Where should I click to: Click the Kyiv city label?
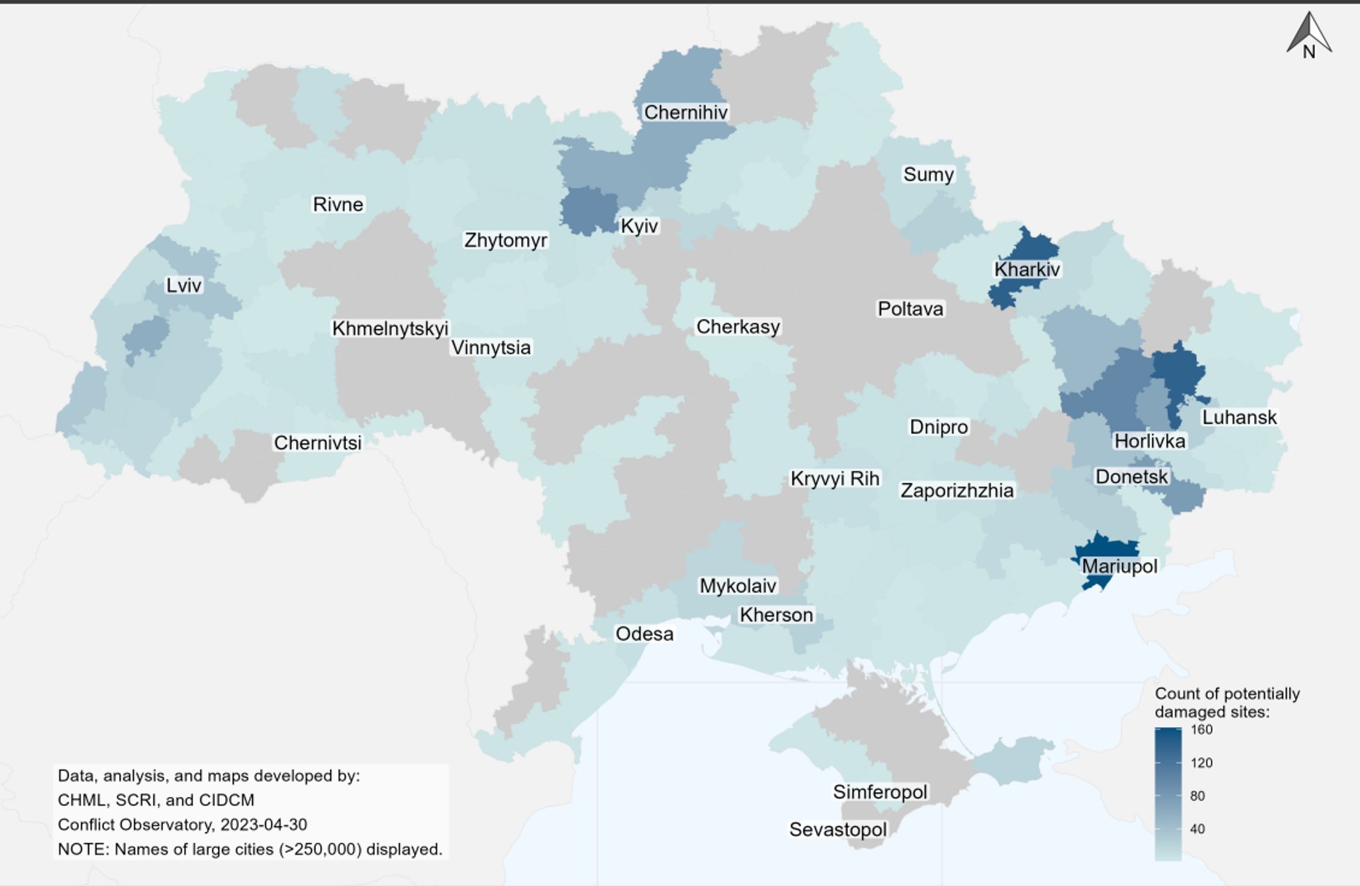click(639, 226)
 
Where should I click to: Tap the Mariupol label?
click(1119, 566)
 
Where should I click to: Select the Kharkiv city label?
click(1027, 269)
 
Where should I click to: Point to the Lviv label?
click(184, 285)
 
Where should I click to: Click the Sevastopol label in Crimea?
click(838, 829)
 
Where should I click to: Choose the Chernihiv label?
click(685, 113)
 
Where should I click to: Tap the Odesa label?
click(644, 634)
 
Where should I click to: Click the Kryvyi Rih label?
click(835, 479)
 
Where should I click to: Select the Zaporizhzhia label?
click(957, 491)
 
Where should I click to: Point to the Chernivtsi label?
click(318, 443)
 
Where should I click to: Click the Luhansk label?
click(1239, 417)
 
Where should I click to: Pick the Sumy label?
click(928, 175)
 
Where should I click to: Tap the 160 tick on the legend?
click(1201, 730)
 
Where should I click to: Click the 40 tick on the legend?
click(1197, 829)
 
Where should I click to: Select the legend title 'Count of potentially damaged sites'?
click(1226, 702)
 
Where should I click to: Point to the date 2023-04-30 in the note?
click(264, 824)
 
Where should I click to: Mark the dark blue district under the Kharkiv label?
click(1017, 292)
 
